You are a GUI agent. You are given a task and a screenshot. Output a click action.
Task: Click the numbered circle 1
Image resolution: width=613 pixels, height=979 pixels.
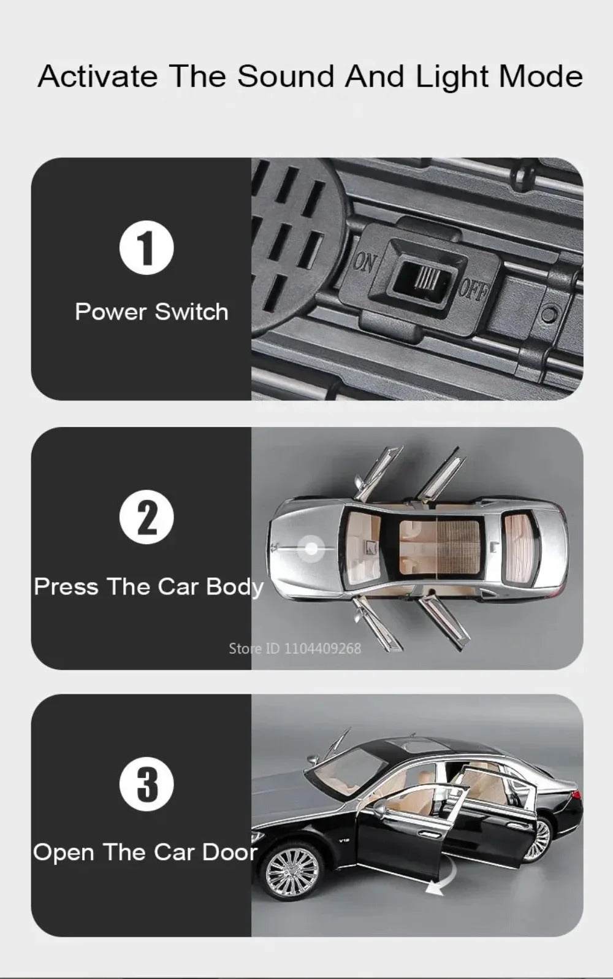click(147, 248)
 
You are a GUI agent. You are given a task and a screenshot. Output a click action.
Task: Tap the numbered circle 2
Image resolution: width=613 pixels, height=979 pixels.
click(147, 517)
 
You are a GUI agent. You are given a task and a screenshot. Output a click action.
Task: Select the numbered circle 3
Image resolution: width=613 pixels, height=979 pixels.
click(147, 785)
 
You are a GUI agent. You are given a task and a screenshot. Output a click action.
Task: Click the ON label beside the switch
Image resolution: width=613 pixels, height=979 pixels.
click(364, 263)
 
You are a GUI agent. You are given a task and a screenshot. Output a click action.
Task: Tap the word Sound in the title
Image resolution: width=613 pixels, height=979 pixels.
click(286, 77)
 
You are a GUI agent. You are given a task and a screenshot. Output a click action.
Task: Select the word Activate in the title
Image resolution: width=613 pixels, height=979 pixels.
click(98, 77)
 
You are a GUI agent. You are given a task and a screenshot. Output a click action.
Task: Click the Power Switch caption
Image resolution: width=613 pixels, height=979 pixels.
click(151, 312)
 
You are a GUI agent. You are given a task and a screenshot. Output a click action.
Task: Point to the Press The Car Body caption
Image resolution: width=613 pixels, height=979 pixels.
click(149, 587)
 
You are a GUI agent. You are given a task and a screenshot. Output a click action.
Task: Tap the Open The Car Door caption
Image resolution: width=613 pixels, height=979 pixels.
click(145, 852)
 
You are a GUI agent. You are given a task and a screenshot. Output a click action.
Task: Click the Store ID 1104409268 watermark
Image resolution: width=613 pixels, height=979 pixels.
click(295, 648)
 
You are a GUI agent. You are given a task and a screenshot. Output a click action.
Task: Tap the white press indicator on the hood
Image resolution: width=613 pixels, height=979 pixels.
click(311, 548)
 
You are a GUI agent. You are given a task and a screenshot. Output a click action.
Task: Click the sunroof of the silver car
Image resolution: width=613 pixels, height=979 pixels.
click(441, 547)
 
